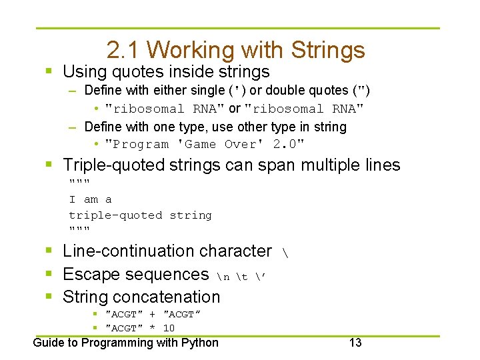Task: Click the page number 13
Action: click(355, 343)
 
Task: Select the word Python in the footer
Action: click(200, 343)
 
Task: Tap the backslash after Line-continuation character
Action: click(286, 253)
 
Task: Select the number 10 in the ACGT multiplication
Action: click(169, 328)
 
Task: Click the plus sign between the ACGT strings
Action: click(153, 314)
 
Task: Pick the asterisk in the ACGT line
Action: click(153, 328)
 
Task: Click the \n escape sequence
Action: click(223, 275)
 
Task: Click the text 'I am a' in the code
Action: click(91, 199)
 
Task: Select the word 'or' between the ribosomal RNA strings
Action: click(234, 108)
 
